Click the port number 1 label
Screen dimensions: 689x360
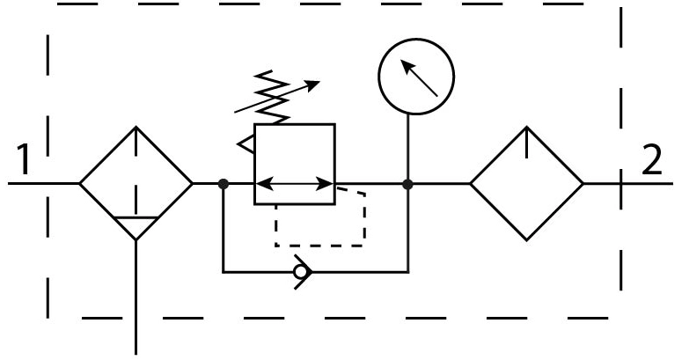pyautogui.click(x=24, y=160)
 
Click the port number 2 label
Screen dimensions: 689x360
pyautogui.click(x=652, y=160)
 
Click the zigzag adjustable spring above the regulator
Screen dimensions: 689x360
pyautogui.click(x=273, y=97)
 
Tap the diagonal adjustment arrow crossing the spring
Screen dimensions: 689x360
pyautogui.click(x=277, y=97)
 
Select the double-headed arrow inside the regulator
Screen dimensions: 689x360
pyautogui.click(x=295, y=184)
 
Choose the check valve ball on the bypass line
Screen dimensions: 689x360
pyautogui.click(x=301, y=273)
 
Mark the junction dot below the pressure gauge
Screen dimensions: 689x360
pyautogui.click(x=407, y=184)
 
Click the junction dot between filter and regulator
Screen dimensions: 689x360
pyautogui.click(x=224, y=184)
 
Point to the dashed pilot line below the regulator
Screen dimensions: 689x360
pyautogui.click(x=320, y=246)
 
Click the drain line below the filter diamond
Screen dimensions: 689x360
pyautogui.click(x=136, y=298)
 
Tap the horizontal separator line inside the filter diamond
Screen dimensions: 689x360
pyautogui.click(x=136, y=217)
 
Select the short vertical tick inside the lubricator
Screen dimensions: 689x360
pyautogui.click(x=526, y=143)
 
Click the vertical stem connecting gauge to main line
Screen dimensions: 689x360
pyautogui.click(x=408, y=149)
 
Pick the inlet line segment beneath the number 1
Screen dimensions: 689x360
pyautogui.click(x=44, y=183)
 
